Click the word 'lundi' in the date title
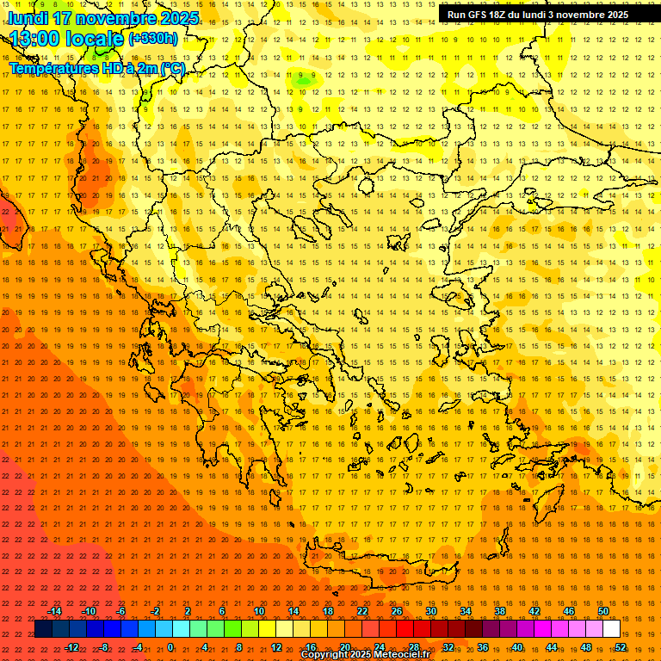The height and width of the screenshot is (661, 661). [x=28, y=18]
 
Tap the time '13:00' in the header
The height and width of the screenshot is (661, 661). [x=38, y=39]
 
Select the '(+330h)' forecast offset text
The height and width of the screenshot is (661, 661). [x=153, y=39]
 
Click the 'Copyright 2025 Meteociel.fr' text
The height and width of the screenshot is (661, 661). [x=365, y=655]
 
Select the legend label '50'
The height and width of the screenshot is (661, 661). [x=603, y=611]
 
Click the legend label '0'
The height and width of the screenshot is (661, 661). [x=171, y=647]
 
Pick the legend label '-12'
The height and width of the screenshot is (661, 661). [x=71, y=647]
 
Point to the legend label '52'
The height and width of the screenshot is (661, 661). [x=621, y=647]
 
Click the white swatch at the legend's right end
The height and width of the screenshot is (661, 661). [x=612, y=629]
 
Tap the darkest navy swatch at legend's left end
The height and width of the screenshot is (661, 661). [x=44, y=629]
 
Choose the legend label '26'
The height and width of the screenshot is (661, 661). [x=397, y=611]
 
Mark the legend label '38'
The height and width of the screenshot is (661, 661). [x=500, y=611]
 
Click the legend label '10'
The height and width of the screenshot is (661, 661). [x=259, y=611]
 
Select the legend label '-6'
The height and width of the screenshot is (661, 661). [x=121, y=611]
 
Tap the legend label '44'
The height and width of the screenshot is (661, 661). [x=552, y=647]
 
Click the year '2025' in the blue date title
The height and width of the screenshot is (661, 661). [x=177, y=18]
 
